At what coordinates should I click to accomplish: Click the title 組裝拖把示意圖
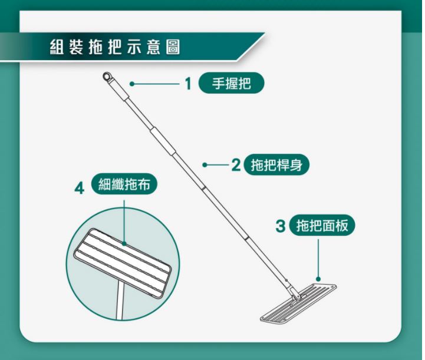(115, 47)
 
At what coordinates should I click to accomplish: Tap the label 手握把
(231, 83)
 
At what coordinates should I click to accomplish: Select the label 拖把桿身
(276, 165)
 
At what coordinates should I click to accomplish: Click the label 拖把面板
(322, 226)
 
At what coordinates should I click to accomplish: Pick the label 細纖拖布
(124, 184)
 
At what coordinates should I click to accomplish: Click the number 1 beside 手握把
(189, 84)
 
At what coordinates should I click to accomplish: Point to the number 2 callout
(236, 165)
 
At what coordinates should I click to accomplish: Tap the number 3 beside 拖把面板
(281, 226)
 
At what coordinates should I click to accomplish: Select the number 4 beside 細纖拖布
(79, 189)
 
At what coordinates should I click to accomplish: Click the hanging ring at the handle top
(107, 76)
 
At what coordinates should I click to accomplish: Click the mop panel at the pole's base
(298, 303)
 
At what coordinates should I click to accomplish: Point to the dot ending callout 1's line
(132, 84)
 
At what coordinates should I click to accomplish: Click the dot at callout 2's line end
(205, 165)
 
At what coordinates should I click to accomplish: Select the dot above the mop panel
(318, 279)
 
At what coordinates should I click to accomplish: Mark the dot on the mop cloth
(124, 244)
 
